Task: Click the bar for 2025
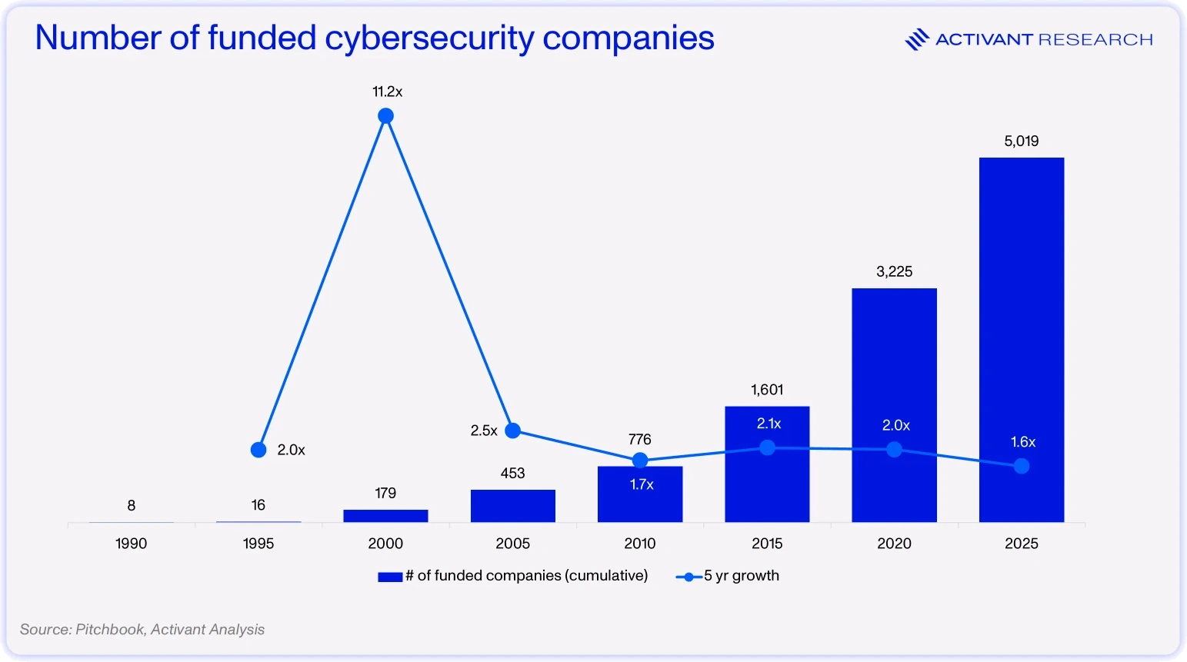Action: pyautogui.click(x=1021, y=340)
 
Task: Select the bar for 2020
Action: pyautogui.click(x=894, y=405)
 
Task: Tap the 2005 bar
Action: pyautogui.click(x=513, y=506)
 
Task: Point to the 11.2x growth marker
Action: pyautogui.click(x=385, y=115)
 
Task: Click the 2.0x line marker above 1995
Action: pyautogui.click(x=258, y=450)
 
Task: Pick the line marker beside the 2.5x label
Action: pyautogui.click(x=512, y=431)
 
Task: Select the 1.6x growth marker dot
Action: pyautogui.click(x=1021, y=466)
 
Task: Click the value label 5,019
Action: pyautogui.click(x=1021, y=141)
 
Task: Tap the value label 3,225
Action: pyautogui.click(x=894, y=271)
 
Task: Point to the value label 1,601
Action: pyautogui.click(x=767, y=390)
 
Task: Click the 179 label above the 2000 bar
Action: pyautogui.click(x=385, y=493)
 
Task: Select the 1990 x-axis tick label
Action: pyautogui.click(x=131, y=544)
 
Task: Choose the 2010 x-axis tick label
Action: pyautogui.click(x=639, y=544)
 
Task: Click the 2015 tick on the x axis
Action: pyautogui.click(x=767, y=544)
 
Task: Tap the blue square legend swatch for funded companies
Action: pyautogui.click(x=390, y=577)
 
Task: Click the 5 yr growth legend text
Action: pyautogui.click(x=742, y=576)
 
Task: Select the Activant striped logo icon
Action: pyautogui.click(x=917, y=39)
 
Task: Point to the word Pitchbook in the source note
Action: pyautogui.click(x=110, y=629)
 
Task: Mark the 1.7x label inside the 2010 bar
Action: pyautogui.click(x=641, y=484)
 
